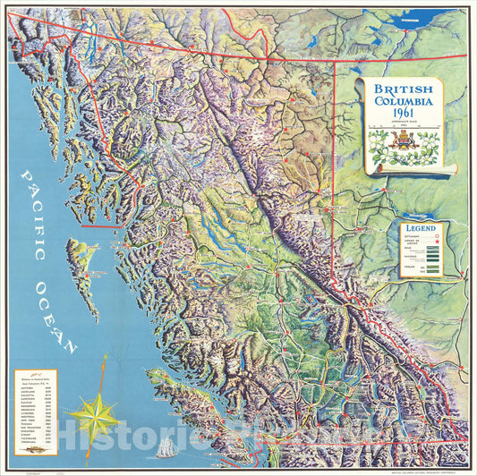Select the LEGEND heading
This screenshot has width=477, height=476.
[422, 229]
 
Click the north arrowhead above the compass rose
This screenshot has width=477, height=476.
[105, 359]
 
